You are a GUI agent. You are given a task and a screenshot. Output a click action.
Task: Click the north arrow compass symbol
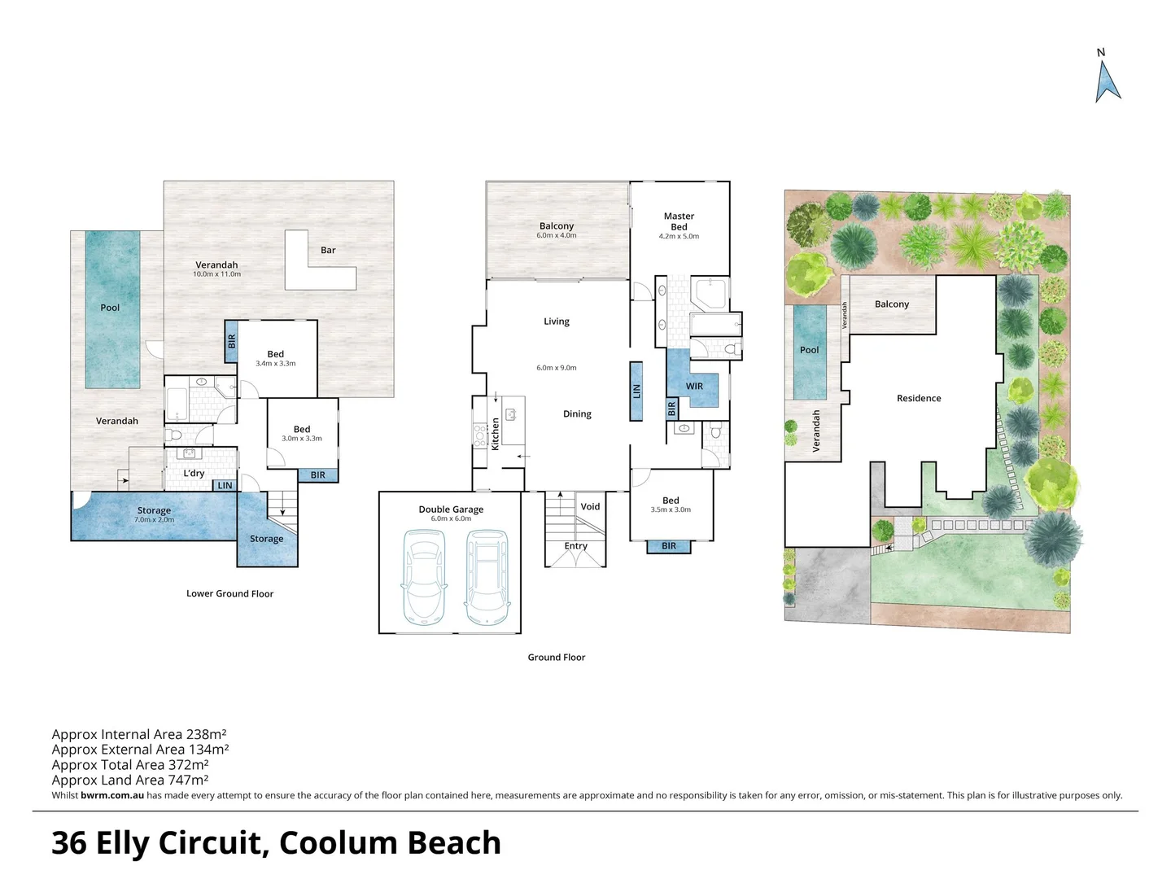[x=1108, y=83]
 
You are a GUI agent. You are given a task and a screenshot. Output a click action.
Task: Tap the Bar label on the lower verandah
[x=328, y=250]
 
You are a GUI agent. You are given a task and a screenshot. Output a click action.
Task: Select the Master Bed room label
[x=679, y=221]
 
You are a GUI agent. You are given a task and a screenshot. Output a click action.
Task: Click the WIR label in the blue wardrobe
[x=694, y=386]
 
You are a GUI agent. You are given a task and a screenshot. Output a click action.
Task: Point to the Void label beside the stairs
[x=590, y=507]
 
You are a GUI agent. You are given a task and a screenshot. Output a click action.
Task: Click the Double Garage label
[x=451, y=509]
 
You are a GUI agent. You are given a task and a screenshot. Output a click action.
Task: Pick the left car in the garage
[x=424, y=577]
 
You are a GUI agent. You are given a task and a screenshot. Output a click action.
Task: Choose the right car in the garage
[x=487, y=577]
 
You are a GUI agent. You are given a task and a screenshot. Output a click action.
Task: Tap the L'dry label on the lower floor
[x=194, y=473]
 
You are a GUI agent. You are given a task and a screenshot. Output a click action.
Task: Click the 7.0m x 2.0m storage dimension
[x=154, y=519]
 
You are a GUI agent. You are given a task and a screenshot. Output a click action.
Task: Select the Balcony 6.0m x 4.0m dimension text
[x=557, y=235]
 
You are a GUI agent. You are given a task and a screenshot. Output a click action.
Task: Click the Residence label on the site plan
[x=919, y=399]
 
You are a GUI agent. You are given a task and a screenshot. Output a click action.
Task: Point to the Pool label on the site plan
[x=810, y=351]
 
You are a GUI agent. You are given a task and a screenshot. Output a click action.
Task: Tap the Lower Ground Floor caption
[x=230, y=593]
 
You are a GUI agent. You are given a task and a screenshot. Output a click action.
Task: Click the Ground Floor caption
[x=557, y=658]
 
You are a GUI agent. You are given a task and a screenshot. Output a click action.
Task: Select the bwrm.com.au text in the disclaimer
[x=112, y=795]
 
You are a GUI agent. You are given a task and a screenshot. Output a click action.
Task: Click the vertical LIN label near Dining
[x=636, y=391]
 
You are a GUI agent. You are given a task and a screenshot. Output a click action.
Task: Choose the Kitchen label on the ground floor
[x=495, y=434]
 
